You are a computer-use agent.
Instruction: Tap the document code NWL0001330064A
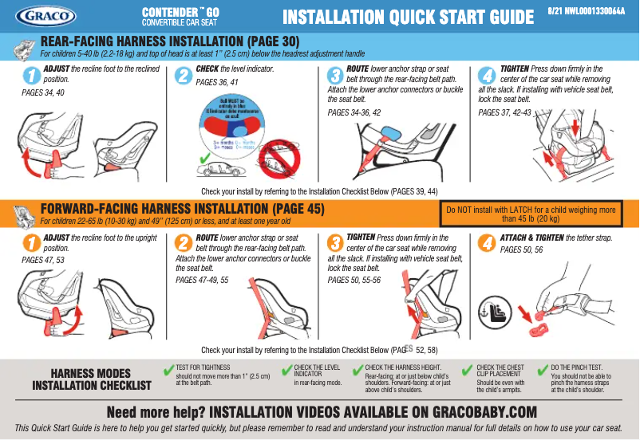pos(589,12)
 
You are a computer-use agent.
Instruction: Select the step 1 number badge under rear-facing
pos(30,76)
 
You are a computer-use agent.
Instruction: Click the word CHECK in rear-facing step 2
pos(209,70)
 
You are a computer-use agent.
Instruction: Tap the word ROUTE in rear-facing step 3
pos(358,70)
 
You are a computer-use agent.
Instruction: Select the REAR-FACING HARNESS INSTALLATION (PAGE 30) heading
pos(169,41)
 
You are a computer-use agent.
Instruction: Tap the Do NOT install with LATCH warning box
pos(530,214)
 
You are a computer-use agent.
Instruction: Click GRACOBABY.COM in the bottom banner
pos(472,412)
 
